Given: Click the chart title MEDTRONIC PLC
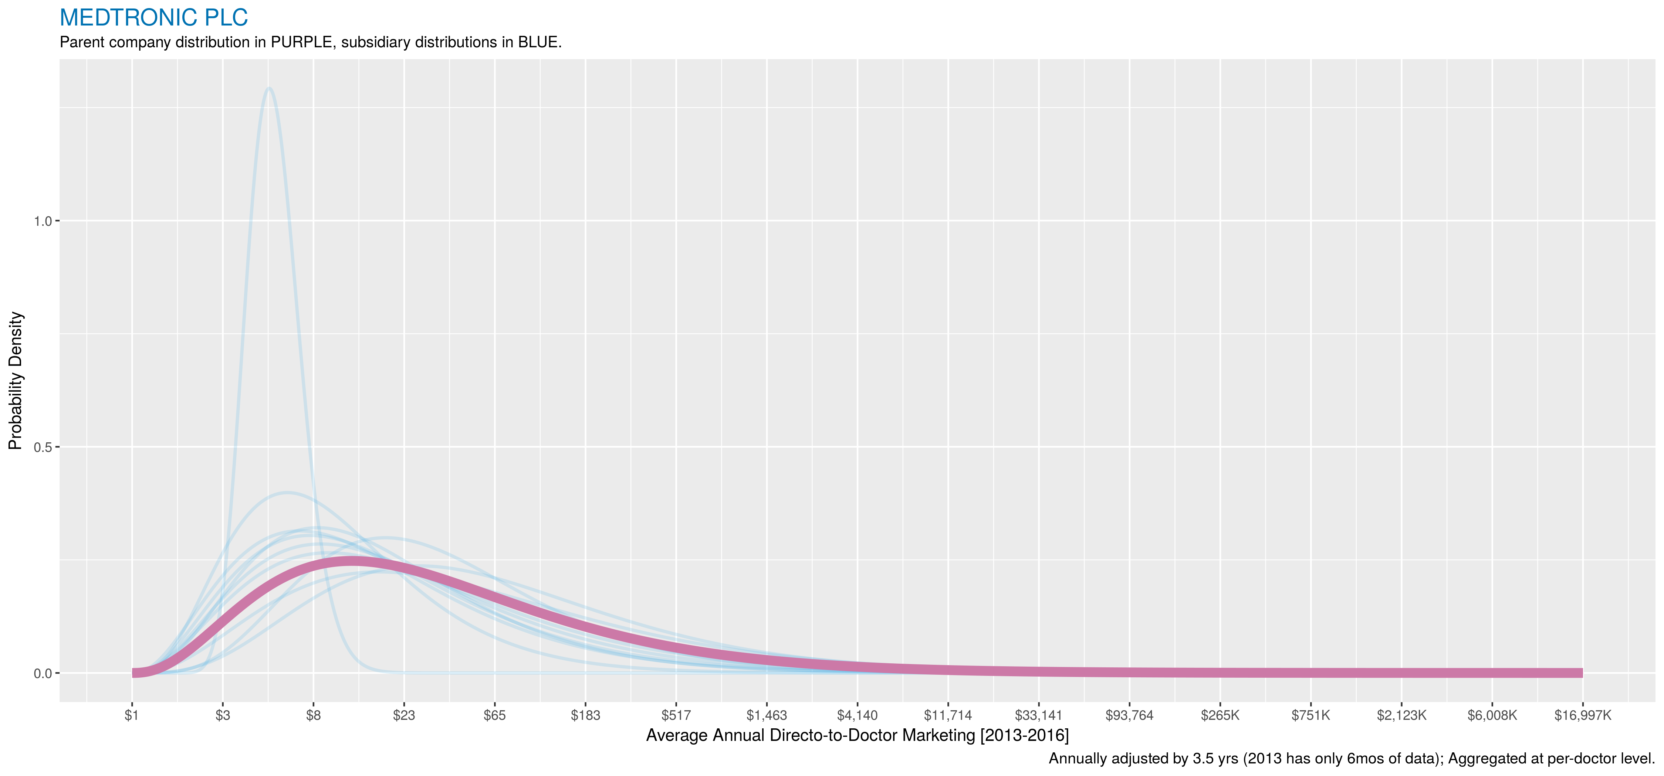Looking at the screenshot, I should pos(154,17).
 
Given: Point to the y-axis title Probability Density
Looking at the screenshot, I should pos(16,381).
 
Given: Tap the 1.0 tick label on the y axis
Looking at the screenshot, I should pos(42,221).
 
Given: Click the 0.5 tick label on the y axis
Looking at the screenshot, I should pos(42,447).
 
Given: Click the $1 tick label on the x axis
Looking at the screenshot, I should pos(132,715).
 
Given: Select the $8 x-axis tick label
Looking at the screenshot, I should pos(313,715).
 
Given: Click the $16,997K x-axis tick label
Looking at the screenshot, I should pos(1583,715).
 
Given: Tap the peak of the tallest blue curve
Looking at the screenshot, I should pos(269,88).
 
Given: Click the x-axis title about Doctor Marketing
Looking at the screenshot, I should pos(857,735).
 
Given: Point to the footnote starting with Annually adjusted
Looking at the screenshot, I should pos(1352,759).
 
